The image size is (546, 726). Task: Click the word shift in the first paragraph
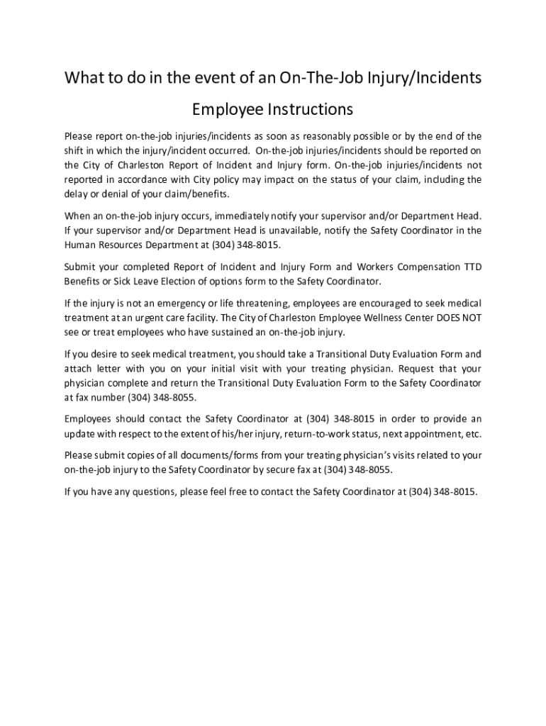(x=75, y=150)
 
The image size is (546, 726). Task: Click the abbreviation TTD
(x=472, y=267)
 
